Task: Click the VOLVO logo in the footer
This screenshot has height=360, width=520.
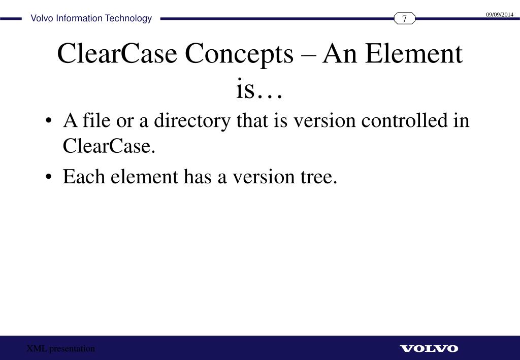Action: tap(429, 348)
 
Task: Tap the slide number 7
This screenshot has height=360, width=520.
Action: tap(405, 19)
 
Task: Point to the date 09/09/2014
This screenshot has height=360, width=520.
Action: tap(500, 15)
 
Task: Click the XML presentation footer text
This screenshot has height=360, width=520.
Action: tap(61, 348)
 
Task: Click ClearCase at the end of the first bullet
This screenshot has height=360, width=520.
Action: tap(108, 147)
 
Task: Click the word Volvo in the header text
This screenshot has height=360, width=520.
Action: tap(42, 19)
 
